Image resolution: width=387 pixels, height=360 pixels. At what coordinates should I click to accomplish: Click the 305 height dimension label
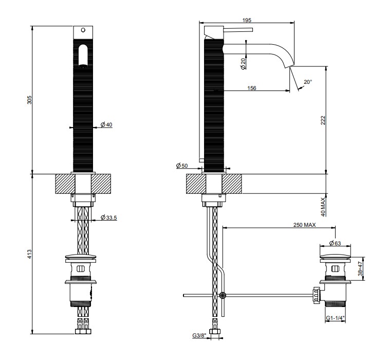[29, 100]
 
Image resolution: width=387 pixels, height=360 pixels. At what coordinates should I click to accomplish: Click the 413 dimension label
[29, 254]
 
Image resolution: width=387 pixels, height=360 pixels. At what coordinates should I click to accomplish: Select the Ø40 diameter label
[106, 124]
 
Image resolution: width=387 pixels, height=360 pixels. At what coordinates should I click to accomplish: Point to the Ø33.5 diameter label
[109, 218]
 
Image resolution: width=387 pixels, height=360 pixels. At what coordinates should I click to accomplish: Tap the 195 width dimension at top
[247, 20]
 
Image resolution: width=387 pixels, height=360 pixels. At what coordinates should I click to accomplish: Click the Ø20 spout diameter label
[243, 63]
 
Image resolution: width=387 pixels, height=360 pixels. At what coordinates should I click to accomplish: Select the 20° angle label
[308, 82]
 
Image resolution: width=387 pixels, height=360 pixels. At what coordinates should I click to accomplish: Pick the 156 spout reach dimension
[251, 88]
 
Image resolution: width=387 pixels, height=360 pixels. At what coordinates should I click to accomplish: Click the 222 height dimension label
[323, 120]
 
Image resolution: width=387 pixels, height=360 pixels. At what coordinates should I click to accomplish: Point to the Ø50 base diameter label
[182, 166]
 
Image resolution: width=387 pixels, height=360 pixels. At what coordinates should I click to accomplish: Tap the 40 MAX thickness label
[323, 207]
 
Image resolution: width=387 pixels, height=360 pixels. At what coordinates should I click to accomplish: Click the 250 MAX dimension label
[304, 225]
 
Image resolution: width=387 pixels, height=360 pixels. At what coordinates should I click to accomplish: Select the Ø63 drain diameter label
[335, 243]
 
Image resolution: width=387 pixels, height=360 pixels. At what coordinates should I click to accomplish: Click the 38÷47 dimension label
[361, 268]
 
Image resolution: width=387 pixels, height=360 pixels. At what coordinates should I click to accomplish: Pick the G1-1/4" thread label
[335, 318]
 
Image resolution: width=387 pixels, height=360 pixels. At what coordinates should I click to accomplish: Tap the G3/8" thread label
[199, 335]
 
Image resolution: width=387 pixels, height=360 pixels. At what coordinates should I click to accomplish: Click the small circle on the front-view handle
[83, 30]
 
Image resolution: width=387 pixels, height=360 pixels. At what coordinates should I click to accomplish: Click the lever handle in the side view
[238, 30]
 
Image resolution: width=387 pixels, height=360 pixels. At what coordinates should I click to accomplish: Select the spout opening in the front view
[83, 56]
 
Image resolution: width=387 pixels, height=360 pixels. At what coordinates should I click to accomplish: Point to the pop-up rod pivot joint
[223, 295]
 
